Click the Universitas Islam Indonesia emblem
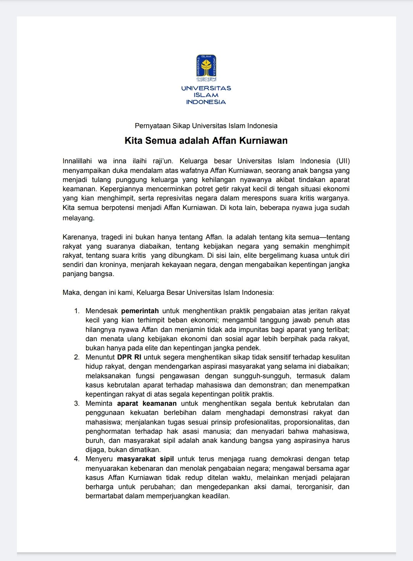pos(206,68)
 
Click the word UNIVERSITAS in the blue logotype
pos(206,88)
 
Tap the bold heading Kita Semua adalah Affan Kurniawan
pos(206,141)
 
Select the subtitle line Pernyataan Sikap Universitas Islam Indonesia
pos(206,126)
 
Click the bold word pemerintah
pos(140,311)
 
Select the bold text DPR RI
pos(129,357)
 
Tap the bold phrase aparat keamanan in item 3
pos(147,403)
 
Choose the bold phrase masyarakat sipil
pos(145,459)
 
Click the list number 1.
pos(76,311)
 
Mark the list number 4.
pos(76,459)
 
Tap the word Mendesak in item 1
pos(102,311)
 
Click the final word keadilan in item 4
pos(216,496)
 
